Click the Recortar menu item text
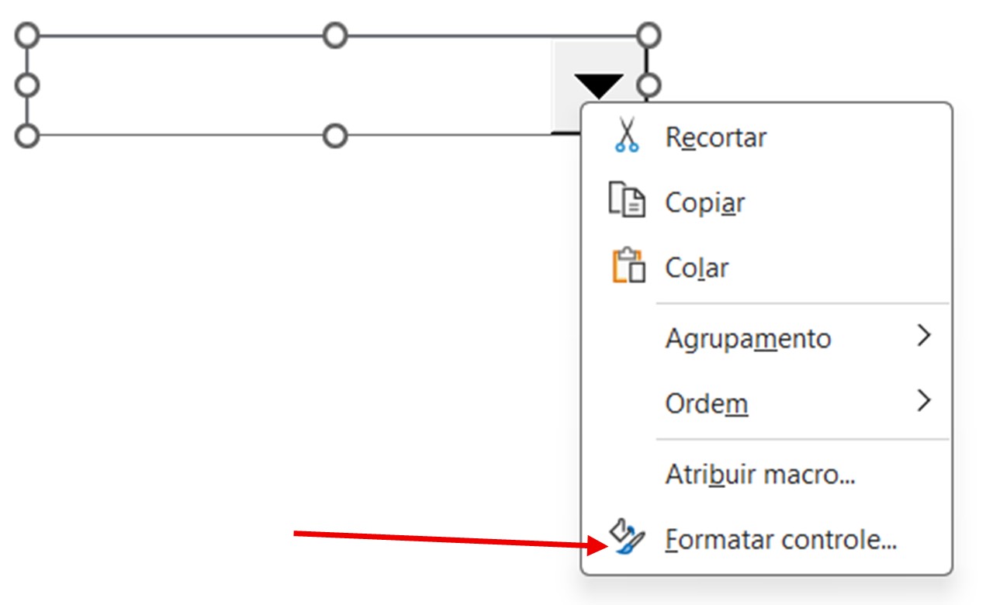click(716, 137)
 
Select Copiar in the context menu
click(704, 202)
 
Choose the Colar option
click(697, 268)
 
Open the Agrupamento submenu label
click(749, 339)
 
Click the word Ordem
click(707, 403)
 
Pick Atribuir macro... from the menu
click(760, 475)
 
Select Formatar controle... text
click(781, 539)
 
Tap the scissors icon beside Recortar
click(627, 135)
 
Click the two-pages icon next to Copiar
click(627, 199)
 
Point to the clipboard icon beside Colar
click(628, 264)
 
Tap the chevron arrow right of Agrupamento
click(924, 335)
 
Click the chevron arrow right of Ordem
click(924, 400)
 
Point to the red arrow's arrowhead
click(598, 545)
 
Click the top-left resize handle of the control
click(27, 36)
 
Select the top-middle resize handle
click(335, 36)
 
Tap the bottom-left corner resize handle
click(27, 136)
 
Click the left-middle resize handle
click(27, 85)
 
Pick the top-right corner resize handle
click(649, 36)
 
